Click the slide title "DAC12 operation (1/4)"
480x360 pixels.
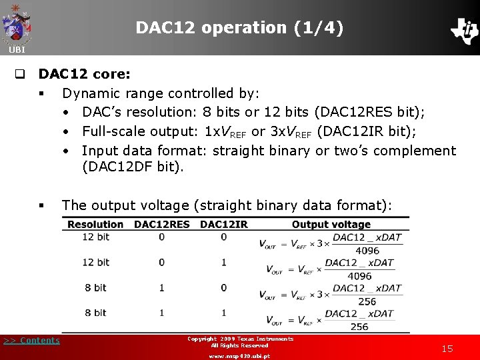pos(240,28)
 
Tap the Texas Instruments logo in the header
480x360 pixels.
pos(464,30)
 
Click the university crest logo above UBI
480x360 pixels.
pos(17,23)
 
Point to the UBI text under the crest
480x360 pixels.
pos(17,50)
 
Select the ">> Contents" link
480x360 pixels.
pos(31,341)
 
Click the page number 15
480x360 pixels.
pos(447,349)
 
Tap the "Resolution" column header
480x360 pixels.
pos(95,225)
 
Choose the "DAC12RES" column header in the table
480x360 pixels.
pos(161,225)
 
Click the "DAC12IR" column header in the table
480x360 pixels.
pos(223,225)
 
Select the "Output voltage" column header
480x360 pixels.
pos(331,225)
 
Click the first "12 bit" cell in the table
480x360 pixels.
pos(95,237)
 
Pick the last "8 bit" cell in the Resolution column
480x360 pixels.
pos(95,313)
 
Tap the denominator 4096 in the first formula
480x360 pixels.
pos(367,251)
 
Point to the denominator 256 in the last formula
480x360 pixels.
pos(359,327)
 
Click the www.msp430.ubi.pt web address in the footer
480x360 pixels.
pos(239,356)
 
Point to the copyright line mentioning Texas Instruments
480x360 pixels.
pos(240,339)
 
